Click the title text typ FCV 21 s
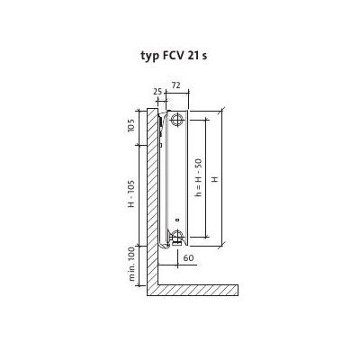point(174,56)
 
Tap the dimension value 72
point(175,85)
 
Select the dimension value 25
point(157,92)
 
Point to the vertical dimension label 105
point(131,125)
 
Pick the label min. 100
point(132,266)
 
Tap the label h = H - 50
point(198,178)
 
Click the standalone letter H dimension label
point(214,179)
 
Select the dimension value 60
point(188,257)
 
